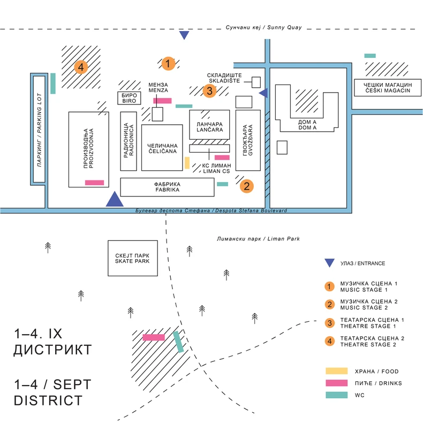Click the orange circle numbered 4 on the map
pos(80,67)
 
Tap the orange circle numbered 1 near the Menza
pos(168,64)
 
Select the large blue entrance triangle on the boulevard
pos(115,199)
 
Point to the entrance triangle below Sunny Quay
pos(184,35)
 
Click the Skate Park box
pos(129,258)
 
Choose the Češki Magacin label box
pos(384,88)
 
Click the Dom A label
pos(307,125)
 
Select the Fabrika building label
pos(167,187)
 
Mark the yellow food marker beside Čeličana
pos(187,163)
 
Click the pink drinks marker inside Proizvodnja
pos(94,183)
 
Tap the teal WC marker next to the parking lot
pos(53,83)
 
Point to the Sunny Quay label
pos(264,28)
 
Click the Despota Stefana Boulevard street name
pos(211,211)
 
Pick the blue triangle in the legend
pos(330,263)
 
